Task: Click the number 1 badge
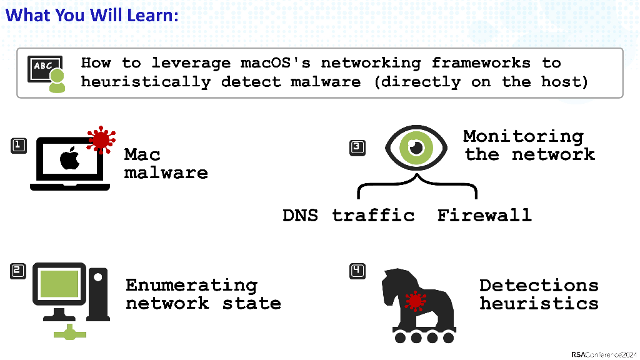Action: (19, 146)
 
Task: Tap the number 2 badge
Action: (19, 271)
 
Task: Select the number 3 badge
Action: (357, 148)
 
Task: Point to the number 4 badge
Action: (357, 271)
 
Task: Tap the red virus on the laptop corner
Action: (101, 140)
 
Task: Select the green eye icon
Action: (417, 147)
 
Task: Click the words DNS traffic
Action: (348, 216)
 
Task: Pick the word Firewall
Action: (484, 216)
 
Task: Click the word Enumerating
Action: (191, 286)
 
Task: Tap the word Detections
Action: (539, 286)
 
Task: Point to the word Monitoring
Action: (523, 136)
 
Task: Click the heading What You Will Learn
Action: (92, 14)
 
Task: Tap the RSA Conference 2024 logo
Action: (602, 354)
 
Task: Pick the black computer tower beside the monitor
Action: (97, 292)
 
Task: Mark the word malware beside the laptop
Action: (166, 172)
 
